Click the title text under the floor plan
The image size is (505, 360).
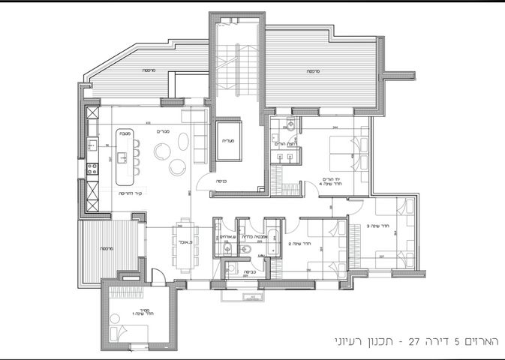pyautogui.click(x=417, y=341)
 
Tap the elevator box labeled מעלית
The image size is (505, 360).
pyautogui.click(x=228, y=139)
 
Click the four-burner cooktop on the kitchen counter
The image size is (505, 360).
pyautogui.click(x=92, y=169)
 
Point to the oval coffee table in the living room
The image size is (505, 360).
pyautogui.click(x=163, y=152)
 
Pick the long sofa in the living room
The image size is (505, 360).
pyautogui.click(x=200, y=145)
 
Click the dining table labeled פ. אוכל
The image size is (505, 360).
pyautogui.click(x=184, y=242)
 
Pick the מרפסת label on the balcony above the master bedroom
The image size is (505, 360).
pyautogui.click(x=311, y=71)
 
